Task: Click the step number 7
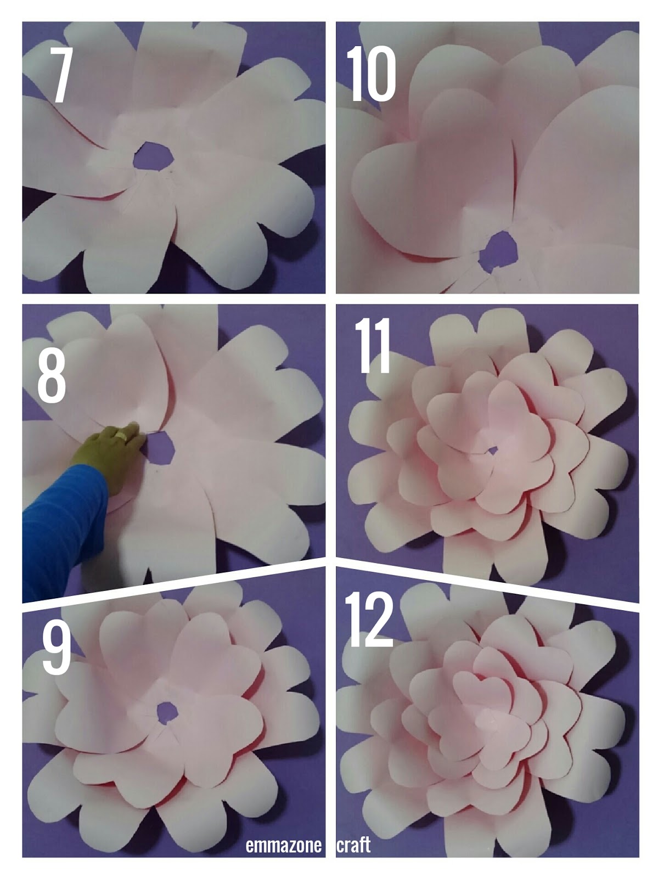[60, 75]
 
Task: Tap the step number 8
[52, 375]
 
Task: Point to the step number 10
[371, 74]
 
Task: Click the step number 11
[372, 346]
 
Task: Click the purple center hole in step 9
[167, 712]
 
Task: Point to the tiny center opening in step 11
[492, 451]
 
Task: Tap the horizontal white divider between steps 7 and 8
[173, 299]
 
